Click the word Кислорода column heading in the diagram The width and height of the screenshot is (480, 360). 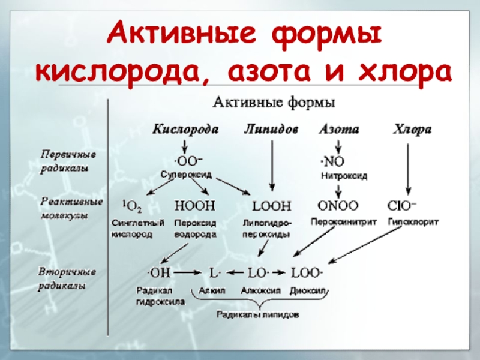coord(185,129)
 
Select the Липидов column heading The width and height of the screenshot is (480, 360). coord(271,129)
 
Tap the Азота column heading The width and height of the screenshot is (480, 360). coord(339,129)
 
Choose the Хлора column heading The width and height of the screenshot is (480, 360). coord(412,129)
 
